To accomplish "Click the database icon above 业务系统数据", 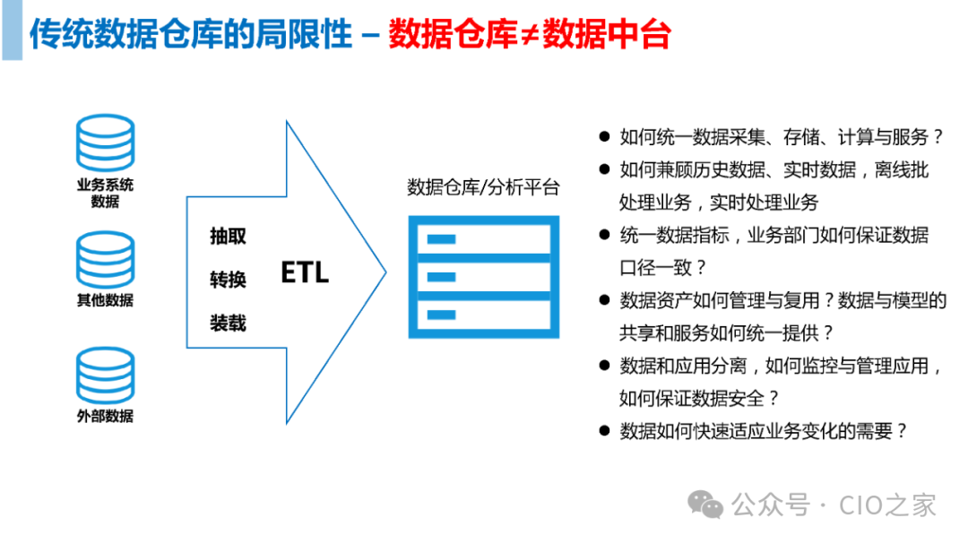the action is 106,143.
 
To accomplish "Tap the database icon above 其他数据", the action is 106,260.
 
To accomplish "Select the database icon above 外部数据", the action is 106,376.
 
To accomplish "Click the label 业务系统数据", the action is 106,194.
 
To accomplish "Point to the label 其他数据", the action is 106,300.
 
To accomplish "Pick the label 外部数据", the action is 106,416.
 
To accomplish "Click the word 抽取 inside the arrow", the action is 228,237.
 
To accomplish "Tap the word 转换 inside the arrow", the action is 228,280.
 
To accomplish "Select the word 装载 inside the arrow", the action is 228,323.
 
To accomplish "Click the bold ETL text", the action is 305,272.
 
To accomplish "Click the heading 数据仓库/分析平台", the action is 483,187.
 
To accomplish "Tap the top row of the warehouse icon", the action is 483,238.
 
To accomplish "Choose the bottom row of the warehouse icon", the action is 483,315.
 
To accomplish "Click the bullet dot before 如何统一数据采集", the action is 605,138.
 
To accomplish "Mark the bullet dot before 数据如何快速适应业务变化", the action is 605,431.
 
